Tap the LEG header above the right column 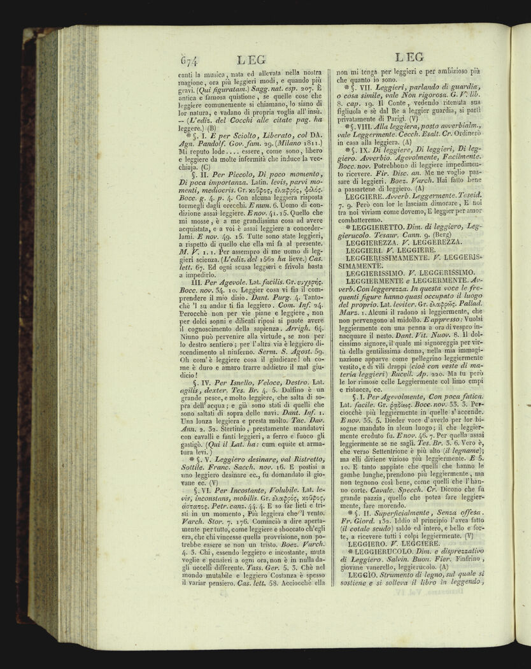pos(409,56)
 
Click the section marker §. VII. pos(362,87)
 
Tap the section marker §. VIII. pos(364,126)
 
